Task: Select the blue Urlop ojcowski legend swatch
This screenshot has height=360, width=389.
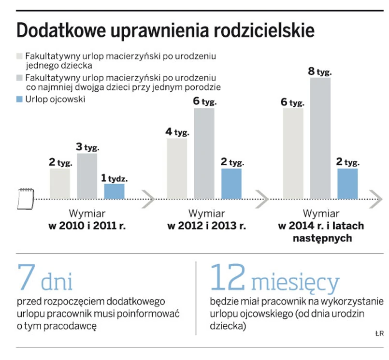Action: coord(20,99)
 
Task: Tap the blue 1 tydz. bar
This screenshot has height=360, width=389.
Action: coord(114,191)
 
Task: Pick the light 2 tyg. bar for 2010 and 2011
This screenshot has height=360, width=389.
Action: coord(59,183)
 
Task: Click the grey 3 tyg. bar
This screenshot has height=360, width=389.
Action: coord(87,175)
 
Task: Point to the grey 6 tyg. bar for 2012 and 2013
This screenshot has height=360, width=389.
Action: coord(204,153)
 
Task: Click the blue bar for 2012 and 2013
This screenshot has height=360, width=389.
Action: coord(231,183)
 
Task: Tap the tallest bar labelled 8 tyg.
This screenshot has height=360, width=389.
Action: coord(320,138)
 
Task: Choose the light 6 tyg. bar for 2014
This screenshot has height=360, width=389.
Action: coord(293,153)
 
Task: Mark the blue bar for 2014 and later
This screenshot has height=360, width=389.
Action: coord(347,183)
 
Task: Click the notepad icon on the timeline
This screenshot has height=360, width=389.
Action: coord(25,198)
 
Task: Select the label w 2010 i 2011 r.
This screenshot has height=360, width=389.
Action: coord(87,226)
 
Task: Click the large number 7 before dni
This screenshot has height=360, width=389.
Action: coord(26,276)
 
